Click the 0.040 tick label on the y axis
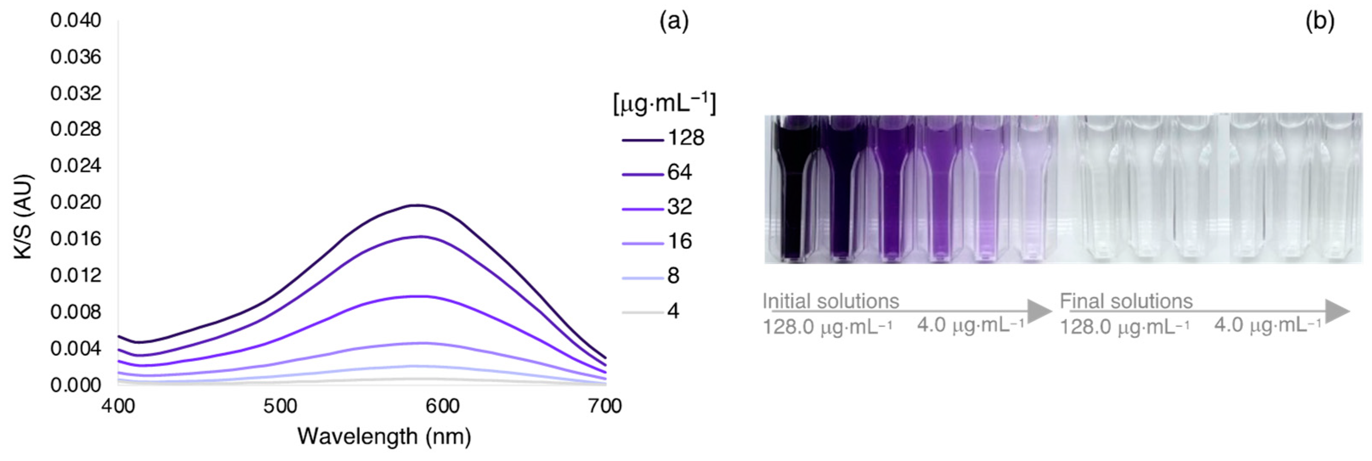[76, 21]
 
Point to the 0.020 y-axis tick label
[76, 203]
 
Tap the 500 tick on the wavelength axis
[280, 407]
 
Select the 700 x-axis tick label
[605, 407]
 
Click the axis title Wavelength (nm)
[384, 436]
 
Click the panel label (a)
[674, 22]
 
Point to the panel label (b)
[1320, 22]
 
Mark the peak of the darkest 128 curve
[418, 205]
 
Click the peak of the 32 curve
[421, 296]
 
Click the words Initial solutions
[831, 301]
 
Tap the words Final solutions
[1126, 301]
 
